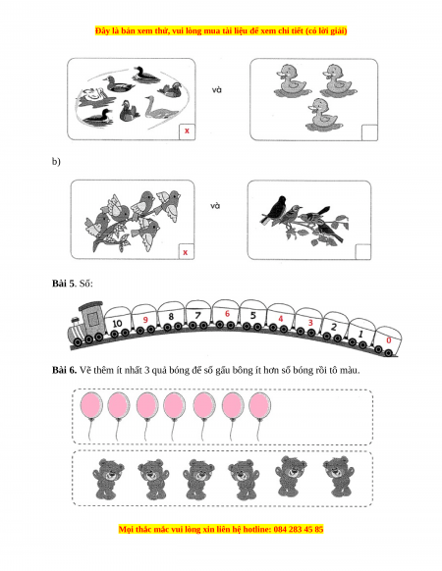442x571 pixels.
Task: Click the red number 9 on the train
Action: point(145,320)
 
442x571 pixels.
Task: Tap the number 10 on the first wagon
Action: point(117,323)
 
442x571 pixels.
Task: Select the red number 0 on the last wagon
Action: point(389,340)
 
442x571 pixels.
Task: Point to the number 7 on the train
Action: point(198,315)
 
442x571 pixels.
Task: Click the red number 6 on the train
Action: point(227,314)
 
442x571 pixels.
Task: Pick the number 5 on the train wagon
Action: point(253,315)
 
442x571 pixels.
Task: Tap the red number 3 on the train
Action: point(310,323)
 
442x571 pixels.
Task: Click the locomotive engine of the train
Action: point(86,324)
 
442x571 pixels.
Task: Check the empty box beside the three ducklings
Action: point(369,132)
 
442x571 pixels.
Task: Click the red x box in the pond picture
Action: point(187,131)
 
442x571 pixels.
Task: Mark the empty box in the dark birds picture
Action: point(362,251)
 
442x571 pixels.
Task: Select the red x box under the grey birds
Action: point(186,251)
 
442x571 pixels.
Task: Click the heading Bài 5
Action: point(63,283)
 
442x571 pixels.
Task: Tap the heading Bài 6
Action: point(64,370)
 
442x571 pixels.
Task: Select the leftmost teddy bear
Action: point(108,479)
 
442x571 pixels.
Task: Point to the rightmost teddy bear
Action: point(339,476)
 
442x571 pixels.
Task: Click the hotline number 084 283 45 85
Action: point(299,529)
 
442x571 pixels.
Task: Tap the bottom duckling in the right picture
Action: point(322,114)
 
